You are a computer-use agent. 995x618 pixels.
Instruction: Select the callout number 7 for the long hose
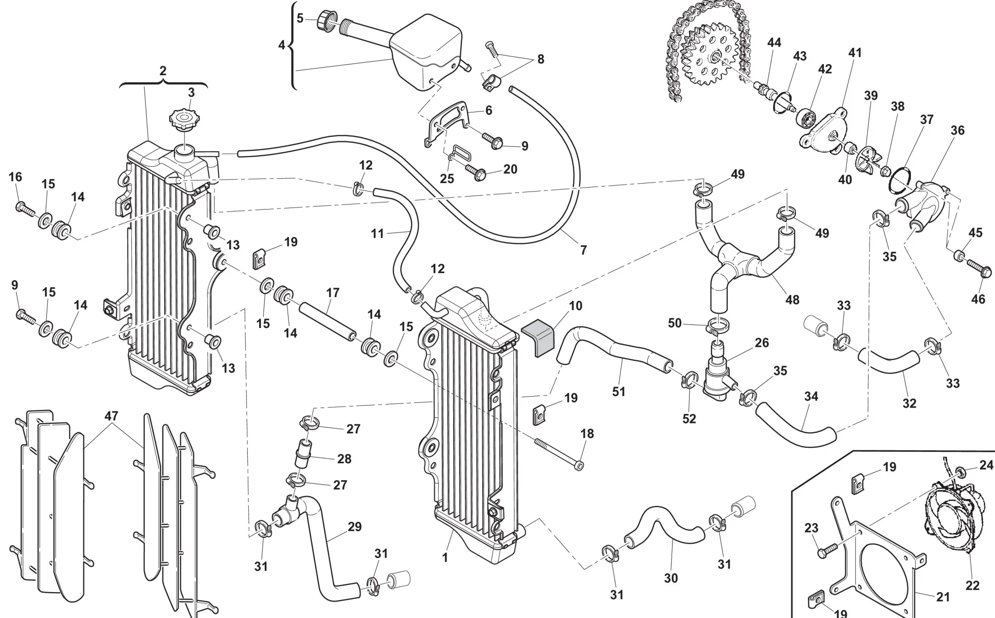(584, 250)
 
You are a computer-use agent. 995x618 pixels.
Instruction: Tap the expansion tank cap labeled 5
(325, 20)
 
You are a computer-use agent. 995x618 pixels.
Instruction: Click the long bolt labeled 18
(557, 453)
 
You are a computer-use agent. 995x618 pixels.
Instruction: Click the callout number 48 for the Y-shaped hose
(792, 300)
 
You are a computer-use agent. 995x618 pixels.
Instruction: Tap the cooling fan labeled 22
(949, 517)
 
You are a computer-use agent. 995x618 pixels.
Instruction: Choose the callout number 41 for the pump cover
(855, 53)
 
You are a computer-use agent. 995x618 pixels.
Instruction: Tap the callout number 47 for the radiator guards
(111, 416)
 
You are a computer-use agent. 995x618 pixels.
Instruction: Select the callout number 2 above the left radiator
(163, 71)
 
